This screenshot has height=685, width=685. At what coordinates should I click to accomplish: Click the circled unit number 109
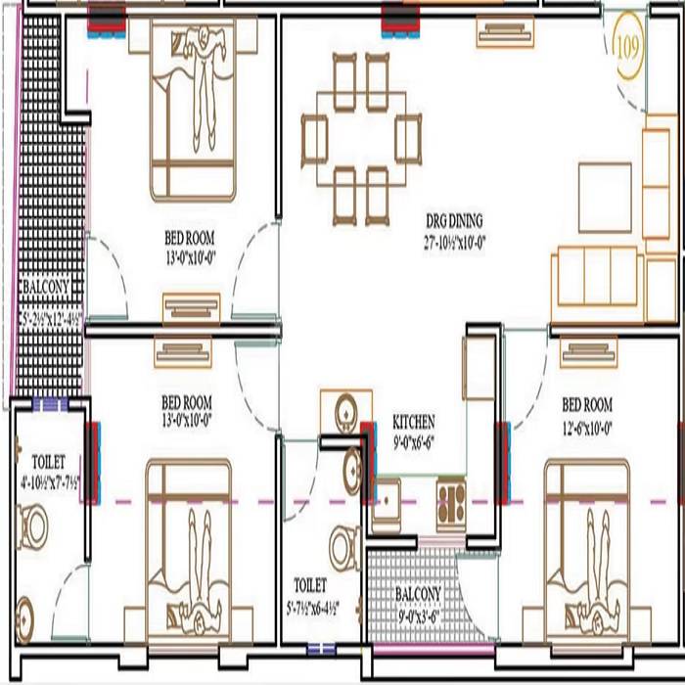(x=627, y=46)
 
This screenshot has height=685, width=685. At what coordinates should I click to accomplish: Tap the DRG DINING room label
(x=453, y=220)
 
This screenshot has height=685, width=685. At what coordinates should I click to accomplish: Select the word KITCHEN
(x=414, y=422)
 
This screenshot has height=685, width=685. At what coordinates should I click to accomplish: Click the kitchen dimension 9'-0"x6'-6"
(x=414, y=438)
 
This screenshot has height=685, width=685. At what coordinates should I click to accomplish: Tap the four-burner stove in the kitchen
(x=451, y=494)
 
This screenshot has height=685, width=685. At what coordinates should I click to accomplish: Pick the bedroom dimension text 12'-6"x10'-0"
(x=587, y=421)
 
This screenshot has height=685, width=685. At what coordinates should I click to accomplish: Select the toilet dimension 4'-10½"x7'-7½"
(x=48, y=480)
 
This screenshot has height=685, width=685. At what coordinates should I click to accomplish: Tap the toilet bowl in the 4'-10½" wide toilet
(x=34, y=527)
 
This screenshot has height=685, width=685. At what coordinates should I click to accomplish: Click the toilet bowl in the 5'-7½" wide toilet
(x=344, y=546)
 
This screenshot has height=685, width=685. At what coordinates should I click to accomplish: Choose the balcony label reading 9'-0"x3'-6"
(x=418, y=617)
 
